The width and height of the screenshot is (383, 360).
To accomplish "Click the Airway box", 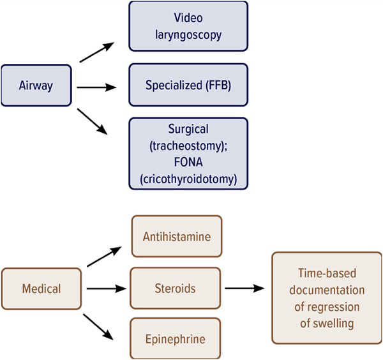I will [36, 86].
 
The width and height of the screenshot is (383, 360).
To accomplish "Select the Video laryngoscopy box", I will [188, 26].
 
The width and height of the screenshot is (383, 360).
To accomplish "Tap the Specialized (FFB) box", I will [188, 85].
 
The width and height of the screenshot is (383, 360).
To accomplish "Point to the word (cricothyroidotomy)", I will [188, 180].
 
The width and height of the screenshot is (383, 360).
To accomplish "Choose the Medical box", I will [41, 289].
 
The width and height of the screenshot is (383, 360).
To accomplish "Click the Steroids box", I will [176, 289].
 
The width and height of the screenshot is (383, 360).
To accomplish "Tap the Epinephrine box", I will [176, 338].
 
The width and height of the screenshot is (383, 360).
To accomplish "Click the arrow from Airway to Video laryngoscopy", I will [97, 52].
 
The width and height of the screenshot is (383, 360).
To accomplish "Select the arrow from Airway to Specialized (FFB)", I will [97, 86].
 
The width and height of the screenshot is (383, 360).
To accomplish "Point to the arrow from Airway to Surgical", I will [93, 121].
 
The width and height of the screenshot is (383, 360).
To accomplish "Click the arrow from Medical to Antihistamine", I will [102, 257].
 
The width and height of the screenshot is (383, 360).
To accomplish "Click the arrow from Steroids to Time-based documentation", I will [244, 289].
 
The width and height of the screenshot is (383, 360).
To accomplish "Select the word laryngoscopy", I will [188, 34].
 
